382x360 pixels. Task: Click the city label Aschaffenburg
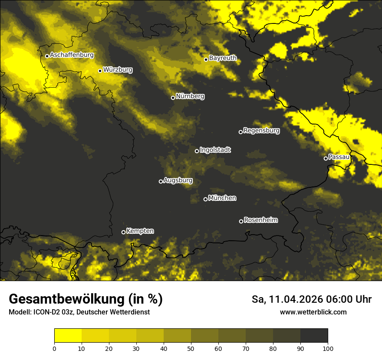coord(72,55)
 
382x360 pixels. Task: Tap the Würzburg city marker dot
coord(100,71)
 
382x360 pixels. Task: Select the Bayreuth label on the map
coord(223,58)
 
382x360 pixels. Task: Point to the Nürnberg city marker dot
coord(173,98)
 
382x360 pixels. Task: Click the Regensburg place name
coord(261,130)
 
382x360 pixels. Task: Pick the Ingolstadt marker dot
coord(197,151)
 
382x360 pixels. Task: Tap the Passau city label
coord(339,157)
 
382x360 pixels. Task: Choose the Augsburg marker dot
coord(161,181)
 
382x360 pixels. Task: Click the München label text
coord(222,198)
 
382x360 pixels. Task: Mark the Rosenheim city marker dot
coord(241,222)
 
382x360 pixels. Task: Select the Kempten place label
coord(140,231)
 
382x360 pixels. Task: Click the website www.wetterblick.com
coord(313,312)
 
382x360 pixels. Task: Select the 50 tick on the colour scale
coord(191,348)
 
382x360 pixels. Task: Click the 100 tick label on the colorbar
coord(328,348)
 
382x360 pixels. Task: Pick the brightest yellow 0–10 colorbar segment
coord(68,335)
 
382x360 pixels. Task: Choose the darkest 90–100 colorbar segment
coord(314,335)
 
